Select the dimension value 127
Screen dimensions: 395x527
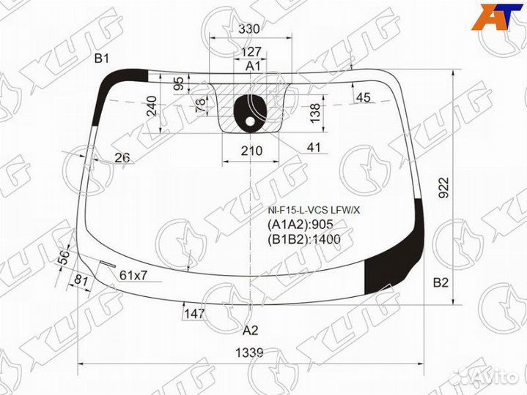click(x=251, y=52)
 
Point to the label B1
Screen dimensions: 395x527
click(x=101, y=59)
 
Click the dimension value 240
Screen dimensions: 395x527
click(x=152, y=106)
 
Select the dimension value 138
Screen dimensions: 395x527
click(x=314, y=112)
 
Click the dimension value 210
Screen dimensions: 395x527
click(x=251, y=151)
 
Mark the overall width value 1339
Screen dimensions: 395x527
click(x=249, y=353)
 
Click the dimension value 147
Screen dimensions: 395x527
click(x=194, y=313)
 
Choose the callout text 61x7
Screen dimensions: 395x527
click(x=133, y=275)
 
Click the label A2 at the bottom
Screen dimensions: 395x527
click(x=251, y=329)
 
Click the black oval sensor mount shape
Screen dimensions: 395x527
click(x=248, y=113)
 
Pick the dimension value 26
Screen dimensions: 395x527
click(x=122, y=157)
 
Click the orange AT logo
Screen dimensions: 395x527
click(x=498, y=17)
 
